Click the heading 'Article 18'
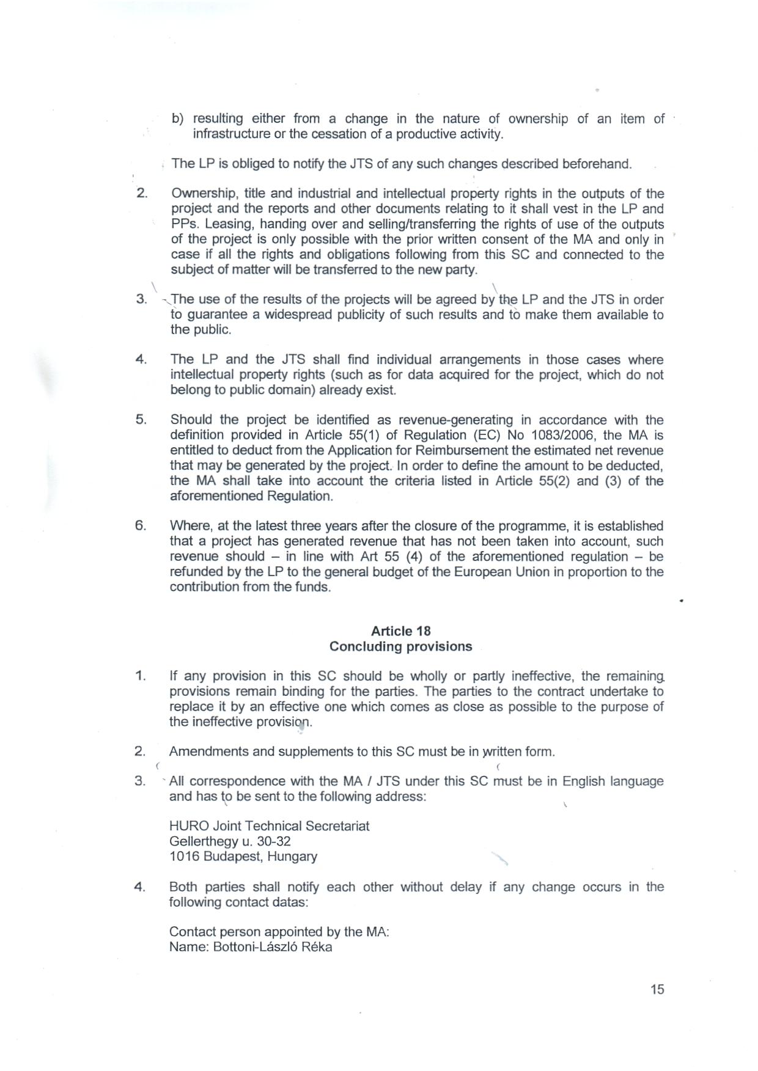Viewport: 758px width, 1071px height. tap(400, 631)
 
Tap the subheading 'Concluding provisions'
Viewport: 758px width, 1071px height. tap(400, 646)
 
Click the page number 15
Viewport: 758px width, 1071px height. tap(657, 989)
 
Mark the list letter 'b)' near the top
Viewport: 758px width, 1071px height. tap(178, 119)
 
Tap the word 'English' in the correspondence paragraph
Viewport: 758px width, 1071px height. tap(585, 781)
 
